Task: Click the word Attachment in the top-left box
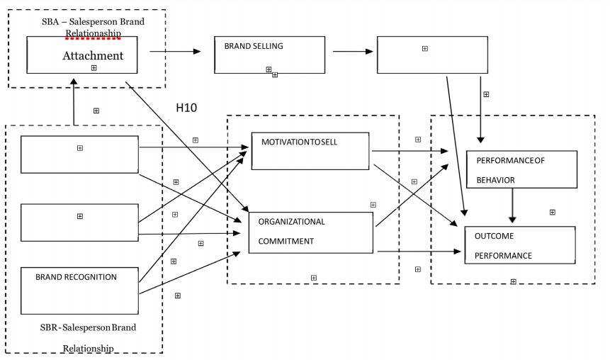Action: pyautogui.click(x=92, y=55)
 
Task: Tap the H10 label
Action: pyautogui.click(x=186, y=108)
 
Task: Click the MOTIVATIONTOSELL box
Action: pyautogui.click(x=310, y=150)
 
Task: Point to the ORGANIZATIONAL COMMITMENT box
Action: pyautogui.click(x=310, y=232)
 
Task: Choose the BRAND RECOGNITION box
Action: pyautogui.click(x=79, y=291)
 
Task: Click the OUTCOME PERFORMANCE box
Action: pyautogui.click(x=519, y=245)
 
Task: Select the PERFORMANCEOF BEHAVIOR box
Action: pyautogui.click(x=521, y=169)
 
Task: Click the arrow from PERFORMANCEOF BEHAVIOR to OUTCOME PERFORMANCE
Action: pyautogui.click(x=512, y=206)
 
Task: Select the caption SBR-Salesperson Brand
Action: pyautogui.click(x=88, y=328)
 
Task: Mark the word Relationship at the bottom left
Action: pyautogui.click(x=88, y=348)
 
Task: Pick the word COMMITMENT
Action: pyautogui.click(x=286, y=241)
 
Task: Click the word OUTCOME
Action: pyautogui.click(x=494, y=236)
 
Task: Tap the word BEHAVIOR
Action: pyautogui.click(x=495, y=180)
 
